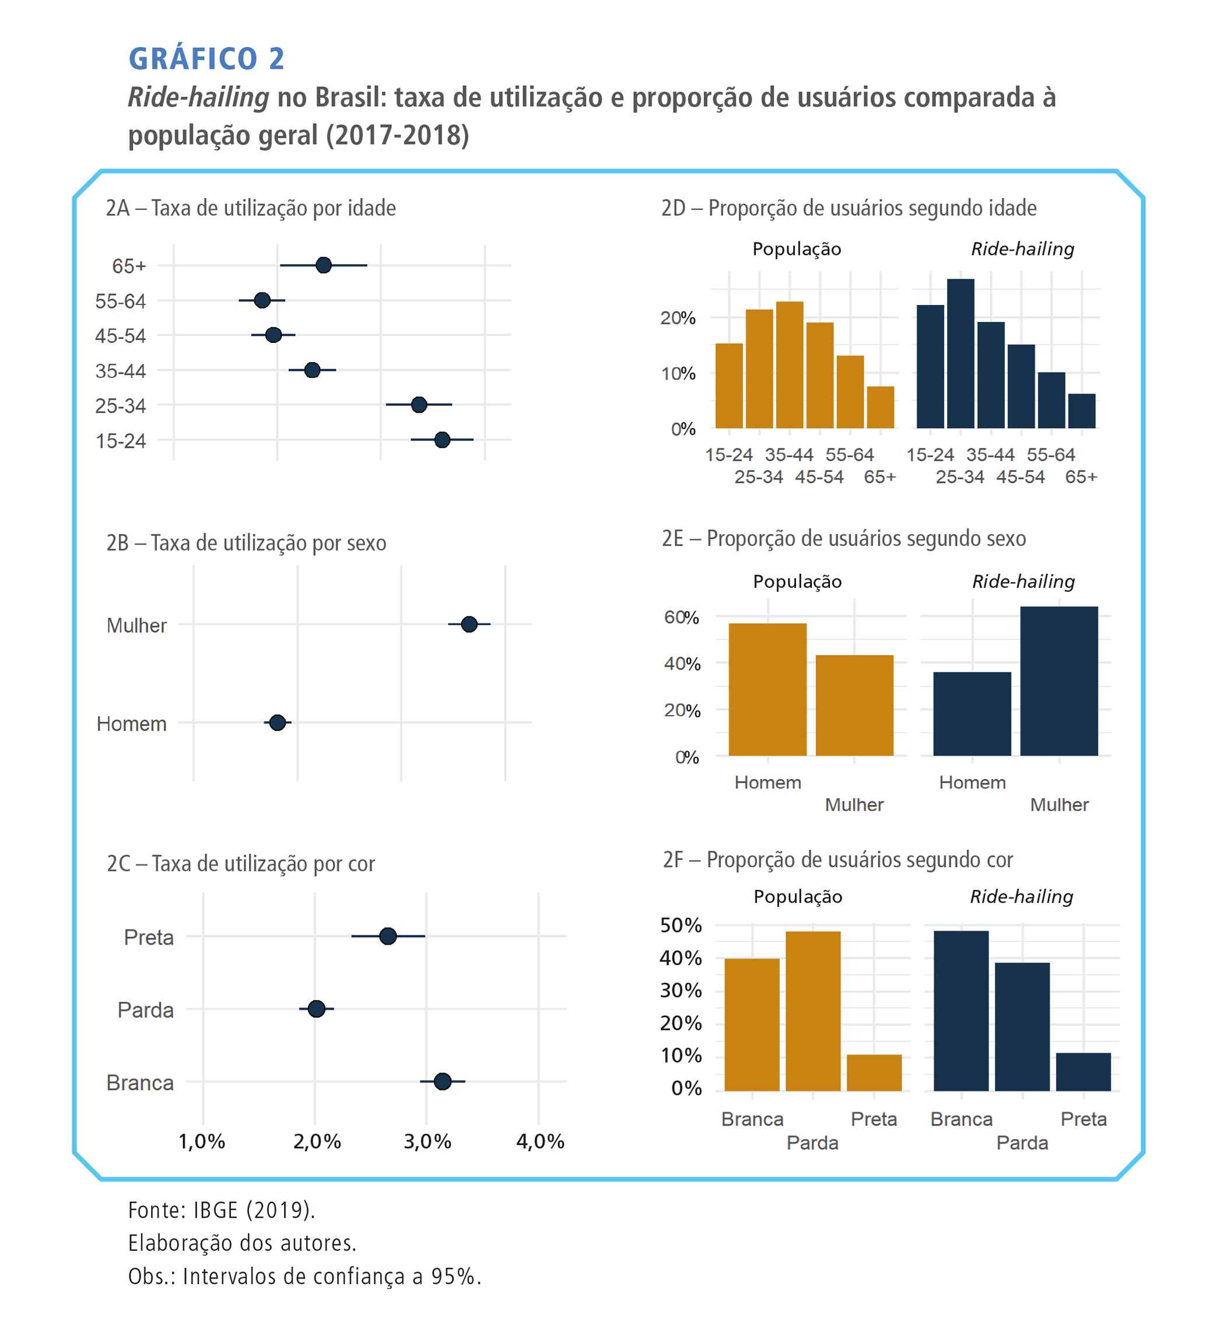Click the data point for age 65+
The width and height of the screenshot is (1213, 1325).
click(x=323, y=265)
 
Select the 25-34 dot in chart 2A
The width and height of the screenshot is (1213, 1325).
click(x=419, y=405)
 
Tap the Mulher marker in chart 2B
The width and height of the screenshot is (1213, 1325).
click(x=468, y=625)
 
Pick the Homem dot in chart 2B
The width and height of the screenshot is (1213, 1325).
click(x=277, y=723)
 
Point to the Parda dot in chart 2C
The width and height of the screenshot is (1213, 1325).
click(x=316, y=1009)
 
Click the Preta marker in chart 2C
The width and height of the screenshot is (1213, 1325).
click(x=388, y=936)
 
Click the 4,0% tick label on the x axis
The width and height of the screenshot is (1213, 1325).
click(x=540, y=1142)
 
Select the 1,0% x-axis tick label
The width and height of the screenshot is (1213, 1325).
click(x=202, y=1142)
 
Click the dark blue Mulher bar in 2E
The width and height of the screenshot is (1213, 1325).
click(x=1058, y=681)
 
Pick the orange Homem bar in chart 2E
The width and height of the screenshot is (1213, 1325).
click(x=767, y=689)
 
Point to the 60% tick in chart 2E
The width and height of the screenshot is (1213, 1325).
click(x=681, y=617)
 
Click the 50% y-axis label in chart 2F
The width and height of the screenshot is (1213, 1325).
click(x=681, y=926)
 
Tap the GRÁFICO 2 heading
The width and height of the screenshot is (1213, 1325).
click(x=206, y=59)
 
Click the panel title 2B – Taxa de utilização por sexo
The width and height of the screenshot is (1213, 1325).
click(x=247, y=544)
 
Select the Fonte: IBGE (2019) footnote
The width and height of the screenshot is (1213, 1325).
click(x=222, y=1210)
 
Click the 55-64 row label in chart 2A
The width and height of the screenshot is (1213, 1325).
click(x=120, y=302)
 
